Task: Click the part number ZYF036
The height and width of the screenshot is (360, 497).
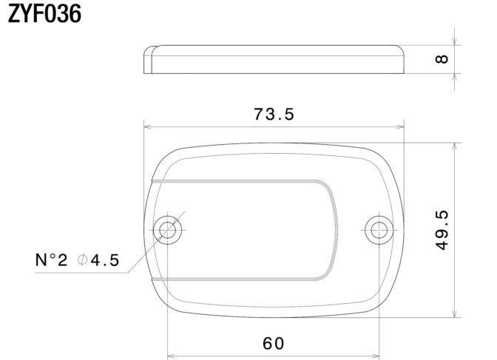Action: [x=44, y=14]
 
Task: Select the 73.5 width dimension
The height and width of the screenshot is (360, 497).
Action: [x=274, y=114]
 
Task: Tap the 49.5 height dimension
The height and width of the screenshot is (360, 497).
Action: [x=442, y=230]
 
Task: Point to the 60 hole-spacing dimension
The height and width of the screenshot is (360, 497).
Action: [x=274, y=344]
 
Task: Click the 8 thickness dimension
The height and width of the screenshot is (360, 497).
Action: [x=442, y=59]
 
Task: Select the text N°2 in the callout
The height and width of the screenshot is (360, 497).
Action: [x=51, y=260]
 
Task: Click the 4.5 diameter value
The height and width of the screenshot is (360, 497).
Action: [x=105, y=260]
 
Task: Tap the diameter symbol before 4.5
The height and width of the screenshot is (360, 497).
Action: [x=82, y=260]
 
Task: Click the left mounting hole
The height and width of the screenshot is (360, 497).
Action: [x=167, y=230]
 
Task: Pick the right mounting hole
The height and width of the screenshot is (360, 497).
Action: [x=379, y=230]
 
